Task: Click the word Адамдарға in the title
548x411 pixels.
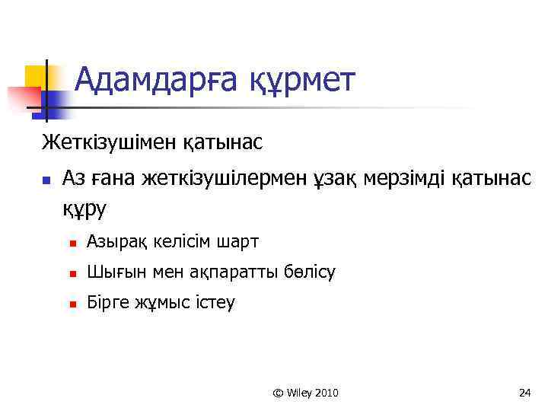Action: point(159,80)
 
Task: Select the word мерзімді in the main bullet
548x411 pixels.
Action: point(407,179)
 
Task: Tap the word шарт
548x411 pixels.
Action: point(237,242)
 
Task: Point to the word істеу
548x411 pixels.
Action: point(214,303)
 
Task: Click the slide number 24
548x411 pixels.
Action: point(524,393)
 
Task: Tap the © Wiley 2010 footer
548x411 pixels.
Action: point(305,393)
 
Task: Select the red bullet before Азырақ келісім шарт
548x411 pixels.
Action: point(73,244)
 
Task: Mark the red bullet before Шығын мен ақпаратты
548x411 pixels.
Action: point(73,274)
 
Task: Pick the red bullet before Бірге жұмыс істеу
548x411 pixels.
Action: point(73,304)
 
